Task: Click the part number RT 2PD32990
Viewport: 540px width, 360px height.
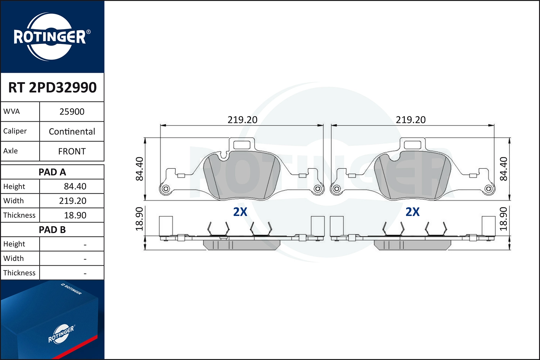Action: [53, 87]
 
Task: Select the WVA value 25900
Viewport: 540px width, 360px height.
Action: [72, 112]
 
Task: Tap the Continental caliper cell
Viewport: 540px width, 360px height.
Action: [72, 131]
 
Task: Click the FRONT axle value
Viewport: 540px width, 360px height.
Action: [72, 151]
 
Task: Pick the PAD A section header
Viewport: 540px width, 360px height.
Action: [52, 172]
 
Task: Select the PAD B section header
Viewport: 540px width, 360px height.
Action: [52, 230]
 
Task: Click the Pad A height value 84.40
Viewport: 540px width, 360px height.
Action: [75, 186]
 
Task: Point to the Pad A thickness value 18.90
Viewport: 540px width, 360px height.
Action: [75, 215]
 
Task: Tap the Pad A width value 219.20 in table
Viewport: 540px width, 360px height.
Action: [73, 201]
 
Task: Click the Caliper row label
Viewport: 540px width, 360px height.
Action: [15, 131]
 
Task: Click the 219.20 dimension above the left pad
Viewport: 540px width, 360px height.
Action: [242, 120]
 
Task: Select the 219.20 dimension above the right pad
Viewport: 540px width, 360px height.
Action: [411, 120]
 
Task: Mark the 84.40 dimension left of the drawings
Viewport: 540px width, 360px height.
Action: [139, 168]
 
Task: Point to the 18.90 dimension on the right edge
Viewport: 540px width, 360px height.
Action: [503, 219]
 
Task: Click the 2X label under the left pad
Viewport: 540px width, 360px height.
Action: [240, 212]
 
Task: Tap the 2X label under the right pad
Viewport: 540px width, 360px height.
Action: [413, 212]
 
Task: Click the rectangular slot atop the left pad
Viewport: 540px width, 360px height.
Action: [242, 145]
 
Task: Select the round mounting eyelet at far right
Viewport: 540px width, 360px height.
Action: [489, 189]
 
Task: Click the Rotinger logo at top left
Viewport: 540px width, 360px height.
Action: [50, 37]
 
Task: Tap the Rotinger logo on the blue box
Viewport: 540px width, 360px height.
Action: [61, 334]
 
